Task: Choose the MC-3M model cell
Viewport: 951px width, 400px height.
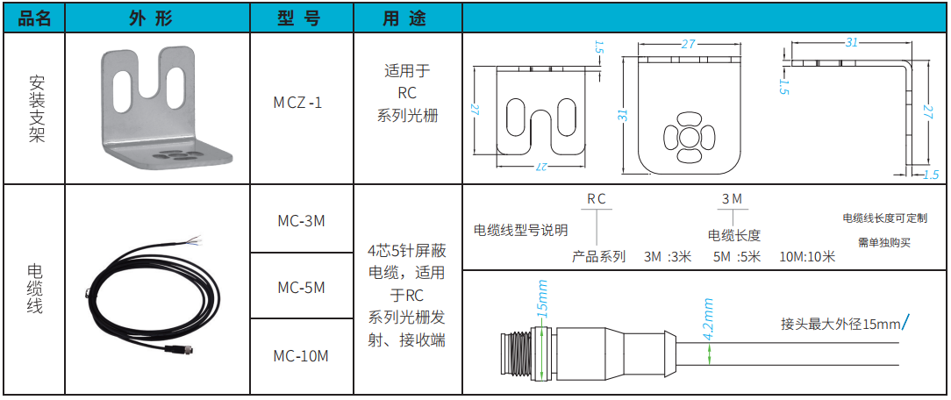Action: click(x=301, y=220)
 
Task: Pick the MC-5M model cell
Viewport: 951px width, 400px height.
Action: click(x=301, y=287)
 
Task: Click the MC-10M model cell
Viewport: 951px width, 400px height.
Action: click(x=301, y=355)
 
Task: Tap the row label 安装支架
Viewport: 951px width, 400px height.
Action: click(x=36, y=109)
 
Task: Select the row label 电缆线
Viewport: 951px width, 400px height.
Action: click(x=36, y=289)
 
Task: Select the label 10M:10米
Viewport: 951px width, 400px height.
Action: click(x=807, y=257)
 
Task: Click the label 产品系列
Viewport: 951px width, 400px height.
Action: click(x=598, y=257)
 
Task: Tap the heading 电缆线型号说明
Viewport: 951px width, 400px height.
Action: click(x=520, y=231)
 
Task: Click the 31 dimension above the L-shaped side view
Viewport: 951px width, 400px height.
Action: click(x=852, y=42)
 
